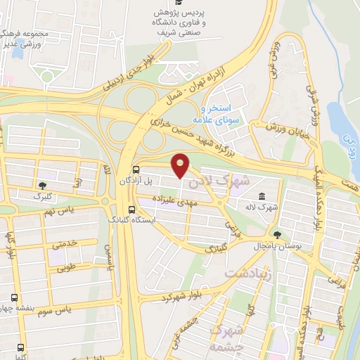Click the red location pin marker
181,165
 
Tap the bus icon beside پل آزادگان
136,170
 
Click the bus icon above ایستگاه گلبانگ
131,210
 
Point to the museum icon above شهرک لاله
262,196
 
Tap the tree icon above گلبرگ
43,186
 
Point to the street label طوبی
66,267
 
